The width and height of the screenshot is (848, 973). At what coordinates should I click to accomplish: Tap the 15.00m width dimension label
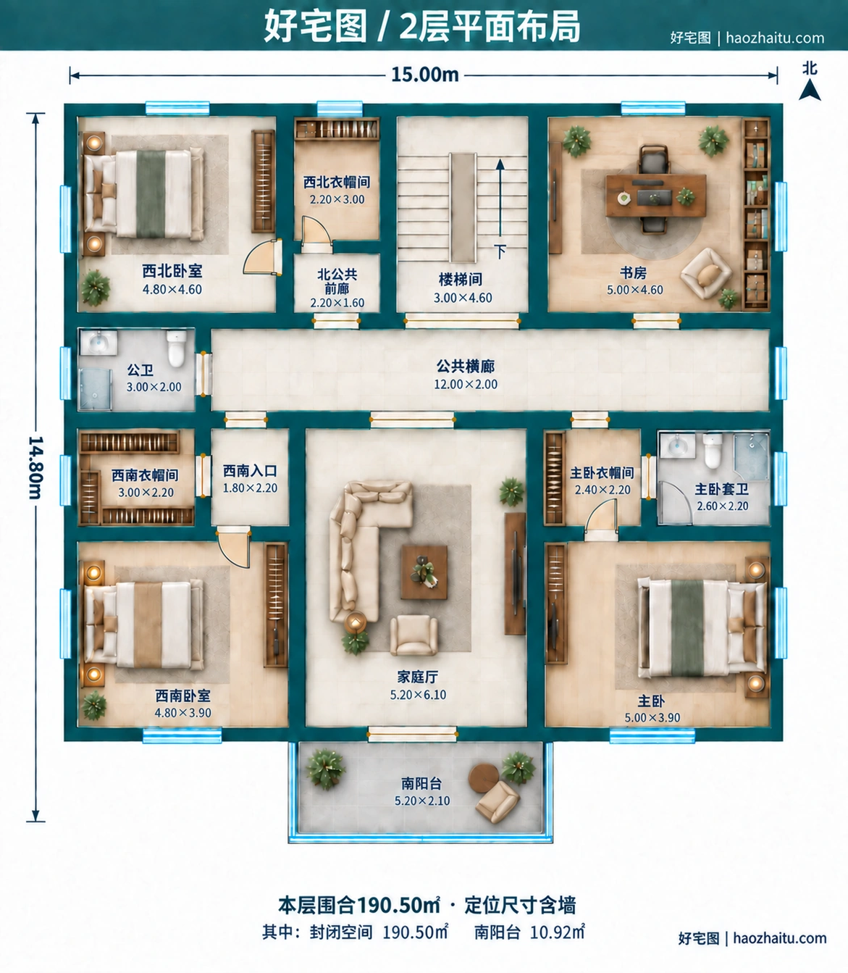pos(424,75)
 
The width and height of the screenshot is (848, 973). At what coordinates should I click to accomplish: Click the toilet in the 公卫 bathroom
pos(177,348)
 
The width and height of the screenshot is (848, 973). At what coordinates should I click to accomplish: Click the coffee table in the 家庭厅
pos(424,572)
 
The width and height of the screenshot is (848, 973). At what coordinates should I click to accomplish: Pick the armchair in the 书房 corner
pos(706,273)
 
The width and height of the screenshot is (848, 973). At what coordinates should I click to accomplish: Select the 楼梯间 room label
pos(460,280)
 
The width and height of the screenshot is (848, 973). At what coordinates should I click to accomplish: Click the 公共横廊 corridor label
pos(466,366)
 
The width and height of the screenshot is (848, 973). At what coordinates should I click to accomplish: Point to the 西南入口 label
pos(250,471)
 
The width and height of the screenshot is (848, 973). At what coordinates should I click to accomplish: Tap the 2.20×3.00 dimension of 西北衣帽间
pos(337,199)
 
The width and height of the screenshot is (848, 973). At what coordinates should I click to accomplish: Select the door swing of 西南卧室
pos(234,547)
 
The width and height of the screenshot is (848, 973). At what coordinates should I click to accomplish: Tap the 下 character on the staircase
pos(500,251)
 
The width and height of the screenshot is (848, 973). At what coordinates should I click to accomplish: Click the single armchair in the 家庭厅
pos(413,635)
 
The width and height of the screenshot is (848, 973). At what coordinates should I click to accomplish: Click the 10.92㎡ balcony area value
pos(557,932)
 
